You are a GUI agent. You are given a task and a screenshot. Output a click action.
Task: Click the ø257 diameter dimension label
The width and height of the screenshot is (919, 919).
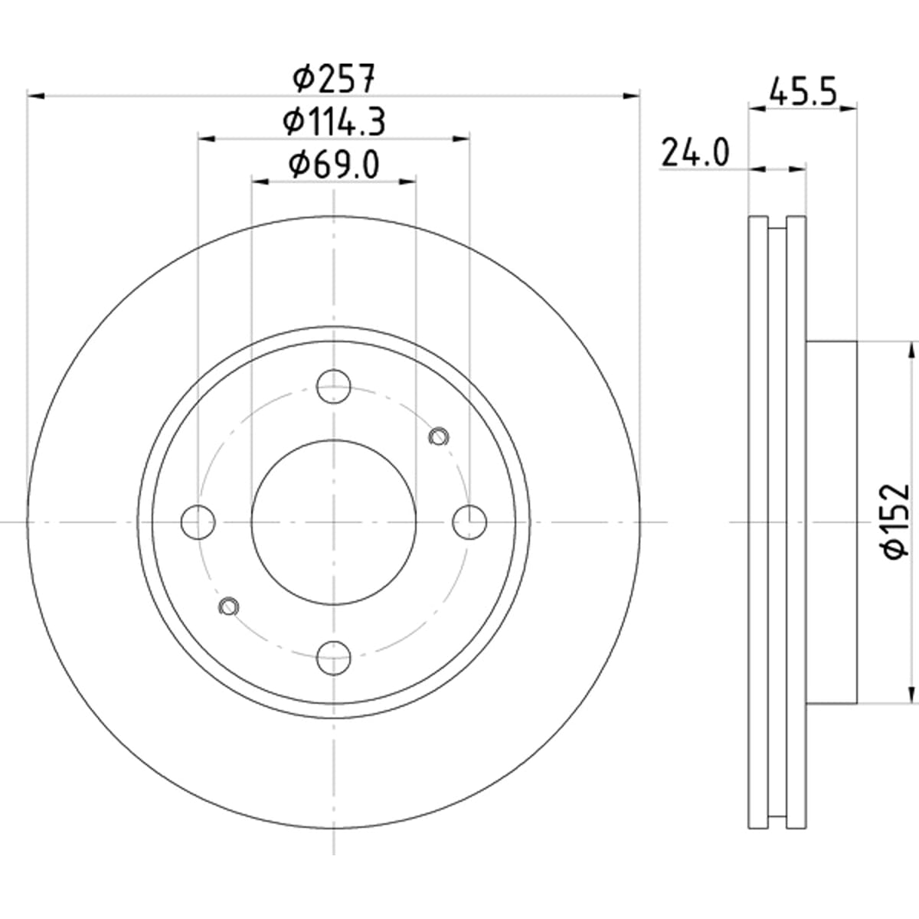pyautogui.click(x=334, y=79)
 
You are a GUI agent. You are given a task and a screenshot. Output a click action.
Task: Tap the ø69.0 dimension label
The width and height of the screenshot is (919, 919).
pyautogui.click(x=334, y=164)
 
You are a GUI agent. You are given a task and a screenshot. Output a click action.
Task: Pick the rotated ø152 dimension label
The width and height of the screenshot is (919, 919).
pyautogui.click(x=894, y=522)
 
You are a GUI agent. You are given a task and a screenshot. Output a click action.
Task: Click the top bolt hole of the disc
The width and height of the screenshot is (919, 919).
pyautogui.click(x=334, y=386)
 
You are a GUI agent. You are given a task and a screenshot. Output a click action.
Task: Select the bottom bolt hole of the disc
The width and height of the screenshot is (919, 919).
pyautogui.click(x=334, y=658)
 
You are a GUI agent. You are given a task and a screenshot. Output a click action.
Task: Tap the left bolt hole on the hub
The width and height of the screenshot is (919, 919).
pyautogui.click(x=198, y=522)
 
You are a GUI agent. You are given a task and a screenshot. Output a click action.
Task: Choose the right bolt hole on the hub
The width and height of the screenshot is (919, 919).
pyautogui.click(x=469, y=522)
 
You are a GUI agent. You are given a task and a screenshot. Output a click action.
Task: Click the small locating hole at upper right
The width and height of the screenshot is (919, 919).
pyautogui.click(x=439, y=437)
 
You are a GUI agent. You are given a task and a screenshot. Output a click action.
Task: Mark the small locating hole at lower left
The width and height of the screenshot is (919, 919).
pyautogui.click(x=228, y=607)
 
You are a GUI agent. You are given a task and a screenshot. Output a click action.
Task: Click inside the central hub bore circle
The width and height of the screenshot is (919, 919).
pyautogui.click(x=334, y=522)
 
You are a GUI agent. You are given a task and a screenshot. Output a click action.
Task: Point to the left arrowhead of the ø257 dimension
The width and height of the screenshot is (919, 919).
pyautogui.click(x=36, y=96)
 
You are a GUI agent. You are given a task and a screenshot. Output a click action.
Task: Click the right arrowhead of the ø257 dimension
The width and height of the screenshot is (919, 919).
pyautogui.click(x=631, y=96)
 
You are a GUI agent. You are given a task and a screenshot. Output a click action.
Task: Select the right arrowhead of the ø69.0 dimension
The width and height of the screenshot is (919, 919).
pyautogui.click(x=407, y=182)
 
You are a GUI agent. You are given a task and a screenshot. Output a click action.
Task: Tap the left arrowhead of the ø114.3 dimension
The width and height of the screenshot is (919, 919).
pyautogui.click(x=207, y=139)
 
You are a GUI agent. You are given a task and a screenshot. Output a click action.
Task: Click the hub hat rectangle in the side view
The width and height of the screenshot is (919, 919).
pyautogui.click(x=831, y=522)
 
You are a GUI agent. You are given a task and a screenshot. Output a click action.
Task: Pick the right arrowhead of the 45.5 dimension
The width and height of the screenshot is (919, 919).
pyautogui.click(x=849, y=109)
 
